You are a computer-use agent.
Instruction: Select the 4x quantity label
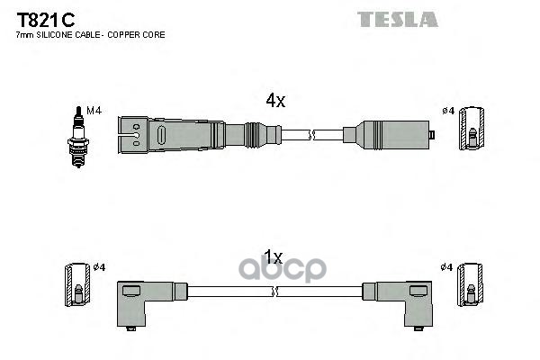274,102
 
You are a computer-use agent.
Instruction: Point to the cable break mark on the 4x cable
312,135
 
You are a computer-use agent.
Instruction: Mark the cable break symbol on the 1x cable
274,291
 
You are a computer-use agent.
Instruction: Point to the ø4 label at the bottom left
100,266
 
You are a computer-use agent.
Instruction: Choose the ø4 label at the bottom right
446,266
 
